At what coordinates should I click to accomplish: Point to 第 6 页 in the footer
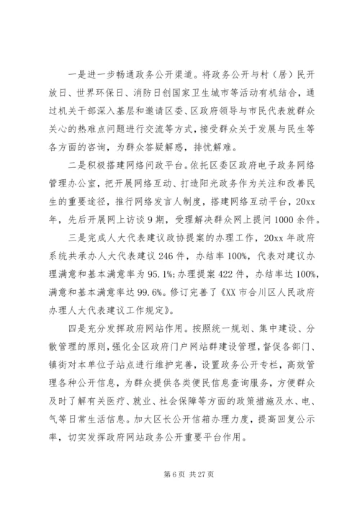click(163, 473)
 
